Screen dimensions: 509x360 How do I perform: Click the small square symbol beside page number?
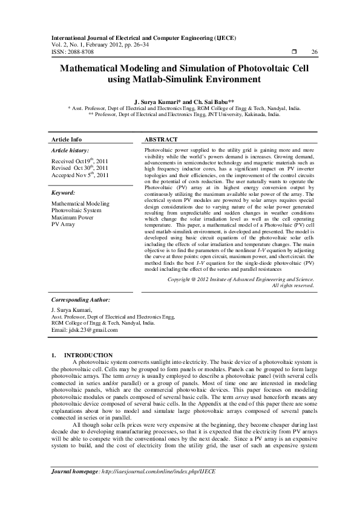pos(293,52)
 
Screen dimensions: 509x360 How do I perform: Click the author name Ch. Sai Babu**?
pos(210,102)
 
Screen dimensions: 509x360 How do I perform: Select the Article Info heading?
pos(67,139)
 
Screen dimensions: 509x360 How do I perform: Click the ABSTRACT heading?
pos(161,139)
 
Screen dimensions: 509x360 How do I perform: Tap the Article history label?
pos(70,149)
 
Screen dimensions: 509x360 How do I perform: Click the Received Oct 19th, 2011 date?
pos(80,161)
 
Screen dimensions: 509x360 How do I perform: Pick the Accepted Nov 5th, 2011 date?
pos(80,175)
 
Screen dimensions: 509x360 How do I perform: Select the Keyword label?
pos(64,193)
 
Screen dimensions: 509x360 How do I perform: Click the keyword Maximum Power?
pos(73,217)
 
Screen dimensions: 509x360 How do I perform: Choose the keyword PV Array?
pos(64,224)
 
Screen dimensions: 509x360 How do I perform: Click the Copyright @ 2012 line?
pos(232,280)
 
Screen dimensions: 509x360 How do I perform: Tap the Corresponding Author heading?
pos(80,299)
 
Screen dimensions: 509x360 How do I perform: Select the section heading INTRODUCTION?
pos(88,355)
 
